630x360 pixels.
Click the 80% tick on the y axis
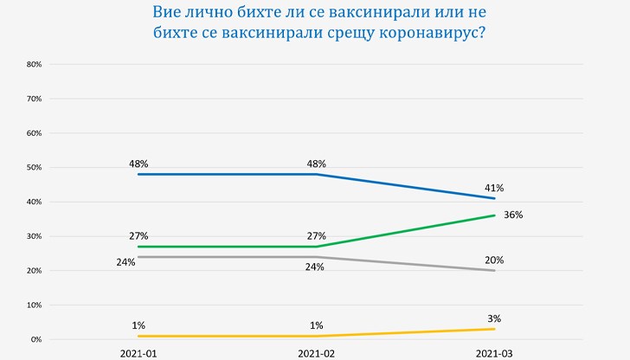pyautogui.click(x=35, y=64)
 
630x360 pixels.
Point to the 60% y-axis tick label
pyautogui.click(x=35, y=133)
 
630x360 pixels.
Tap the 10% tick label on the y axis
pyautogui.click(x=35, y=305)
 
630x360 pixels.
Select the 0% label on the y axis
pyautogui.click(x=36, y=340)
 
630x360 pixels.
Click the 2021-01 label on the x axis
pyautogui.click(x=138, y=354)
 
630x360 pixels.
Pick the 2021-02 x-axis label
pyautogui.click(x=316, y=354)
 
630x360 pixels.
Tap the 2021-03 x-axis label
pyautogui.click(x=494, y=354)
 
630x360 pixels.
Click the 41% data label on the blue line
pyautogui.click(x=494, y=187)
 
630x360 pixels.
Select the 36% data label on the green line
pyautogui.click(x=514, y=215)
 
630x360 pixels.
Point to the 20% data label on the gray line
pyautogui.click(x=494, y=260)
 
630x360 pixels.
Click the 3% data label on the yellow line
pyautogui.click(x=494, y=318)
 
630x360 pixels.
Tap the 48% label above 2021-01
pyautogui.click(x=138, y=163)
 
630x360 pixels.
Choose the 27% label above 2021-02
pyautogui.click(x=316, y=235)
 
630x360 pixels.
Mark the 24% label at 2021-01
pyautogui.click(x=126, y=262)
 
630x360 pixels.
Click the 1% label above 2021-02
pyautogui.click(x=316, y=325)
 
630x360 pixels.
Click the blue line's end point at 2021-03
pyautogui.click(x=494, y=198)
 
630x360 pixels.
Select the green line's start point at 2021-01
pyautogui.click(x=138, y=247)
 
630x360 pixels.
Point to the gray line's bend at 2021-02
pyautogui.click(x=316, y=257)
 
